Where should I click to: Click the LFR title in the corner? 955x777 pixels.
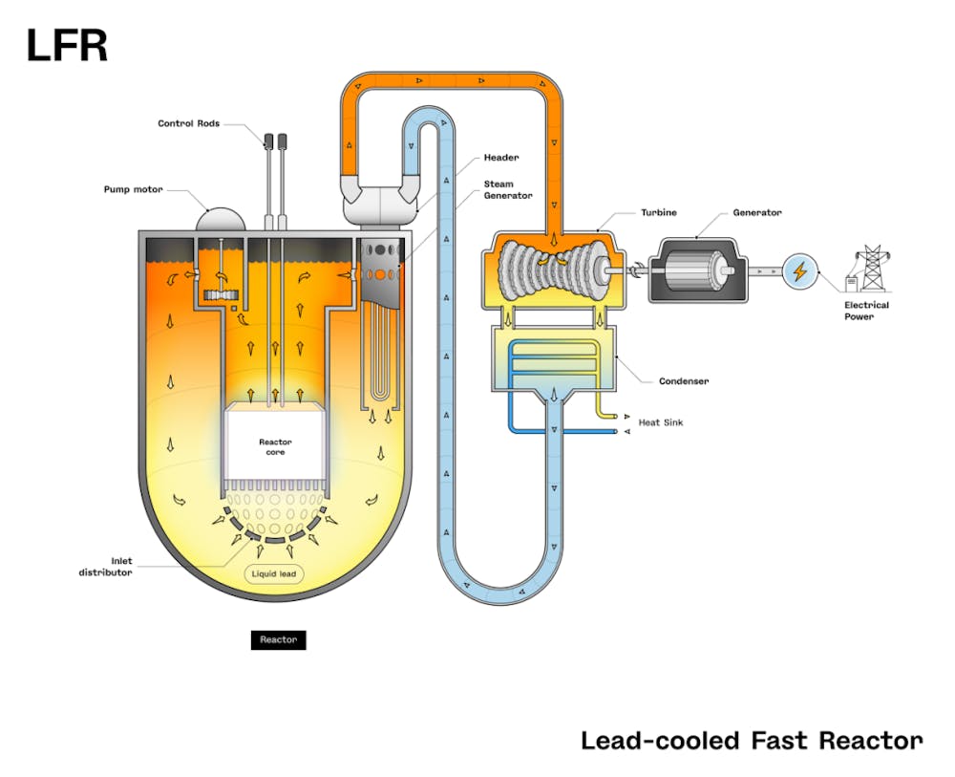pos(67,46)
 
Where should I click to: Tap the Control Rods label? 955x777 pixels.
pos(188,123)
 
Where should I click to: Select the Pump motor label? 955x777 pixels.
pos(134,189)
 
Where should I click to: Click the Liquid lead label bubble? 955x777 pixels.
pos(275,574)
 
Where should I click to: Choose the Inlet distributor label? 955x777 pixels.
pos(105,566)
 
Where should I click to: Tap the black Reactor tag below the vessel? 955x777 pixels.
pos(279,639)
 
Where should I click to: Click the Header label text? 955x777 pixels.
pos(500,158)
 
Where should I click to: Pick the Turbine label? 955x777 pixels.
pos(659,212)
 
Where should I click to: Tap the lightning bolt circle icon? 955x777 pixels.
pos(800,272)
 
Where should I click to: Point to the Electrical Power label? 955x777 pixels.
pos(866,311)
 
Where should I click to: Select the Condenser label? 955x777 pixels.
pos(684,381)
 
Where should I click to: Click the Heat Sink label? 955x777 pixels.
pos(661,421)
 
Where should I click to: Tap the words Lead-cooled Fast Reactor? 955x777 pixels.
pos(752,741)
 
